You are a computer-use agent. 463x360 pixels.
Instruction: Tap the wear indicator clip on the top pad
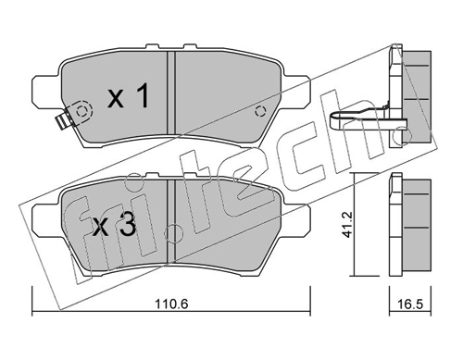point(63,121)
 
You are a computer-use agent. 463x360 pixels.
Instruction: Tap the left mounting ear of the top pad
point(43,93)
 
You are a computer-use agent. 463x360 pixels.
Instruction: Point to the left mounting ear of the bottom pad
point(43,219)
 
